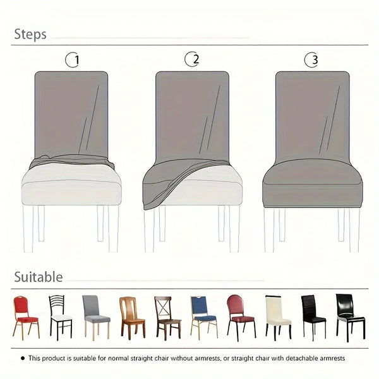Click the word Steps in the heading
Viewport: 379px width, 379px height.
click(30, 34)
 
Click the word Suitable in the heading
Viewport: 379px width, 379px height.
click(39, 277)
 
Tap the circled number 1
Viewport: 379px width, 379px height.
click(74, 61)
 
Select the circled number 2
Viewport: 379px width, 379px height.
click(192, 60)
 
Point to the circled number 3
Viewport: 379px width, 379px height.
click(311, 61)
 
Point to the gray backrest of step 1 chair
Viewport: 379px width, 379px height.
click(71, 111)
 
